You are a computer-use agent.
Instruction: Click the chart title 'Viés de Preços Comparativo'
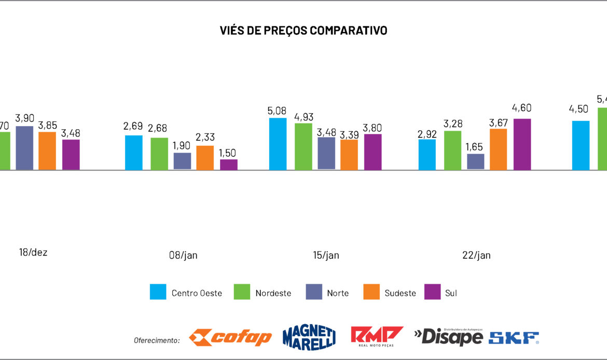(303, 31)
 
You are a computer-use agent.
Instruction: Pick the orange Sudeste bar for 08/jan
(204, 158)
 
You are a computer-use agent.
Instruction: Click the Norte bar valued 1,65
(475, 161)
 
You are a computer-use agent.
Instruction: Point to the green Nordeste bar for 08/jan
(159, 154)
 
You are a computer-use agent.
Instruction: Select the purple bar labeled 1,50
(229, 164)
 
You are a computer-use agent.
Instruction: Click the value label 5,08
(278, 110)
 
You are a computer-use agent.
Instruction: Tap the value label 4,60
(522, 108)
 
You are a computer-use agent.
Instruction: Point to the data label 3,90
(24, 118)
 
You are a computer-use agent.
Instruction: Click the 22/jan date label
(476, 255)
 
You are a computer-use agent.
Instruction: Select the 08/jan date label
(183, 255)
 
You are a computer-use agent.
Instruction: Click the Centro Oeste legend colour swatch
(158, 292)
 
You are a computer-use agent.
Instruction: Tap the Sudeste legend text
(400, 293)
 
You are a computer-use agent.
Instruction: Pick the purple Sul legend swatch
(432, 292)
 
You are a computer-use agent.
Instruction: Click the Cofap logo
(230, 337)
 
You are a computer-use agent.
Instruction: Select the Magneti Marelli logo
(309, 337)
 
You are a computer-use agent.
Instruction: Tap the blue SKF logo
(513, 338)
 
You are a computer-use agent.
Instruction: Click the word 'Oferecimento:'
(157, 340)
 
